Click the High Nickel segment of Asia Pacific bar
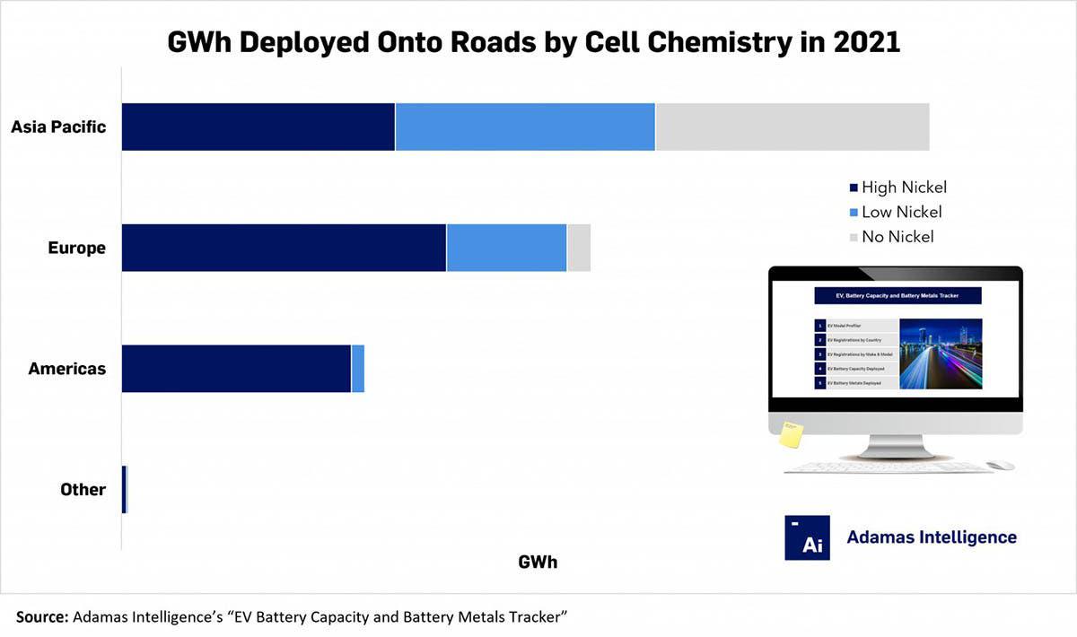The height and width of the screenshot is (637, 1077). [x=258, y=127]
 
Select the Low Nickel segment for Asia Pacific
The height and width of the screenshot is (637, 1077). [x=525, y=127]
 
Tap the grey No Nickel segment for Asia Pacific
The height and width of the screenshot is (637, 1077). [x=792, y=127]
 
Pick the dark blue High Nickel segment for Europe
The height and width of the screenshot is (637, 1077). [x=284, y=248]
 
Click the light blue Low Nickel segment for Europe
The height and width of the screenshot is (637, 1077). [x=506, y=248]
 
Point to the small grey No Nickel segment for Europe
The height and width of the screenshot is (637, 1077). [x=579, y=248]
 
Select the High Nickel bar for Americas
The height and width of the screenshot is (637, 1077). [x=236, y=369]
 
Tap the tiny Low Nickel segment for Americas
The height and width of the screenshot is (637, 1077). [x=358, y=369]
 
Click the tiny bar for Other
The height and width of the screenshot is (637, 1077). [x=125, y=490]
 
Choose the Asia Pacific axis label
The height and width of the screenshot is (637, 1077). [x=58, y=127]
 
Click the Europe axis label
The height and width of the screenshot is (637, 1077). [x=76, y=249]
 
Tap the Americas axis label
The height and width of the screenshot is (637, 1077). [x=66, y=369]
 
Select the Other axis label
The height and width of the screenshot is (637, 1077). [x=83, y=490]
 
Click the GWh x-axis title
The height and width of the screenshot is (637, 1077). [x=538, y=563]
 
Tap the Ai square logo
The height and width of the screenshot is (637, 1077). [x=807, y=537]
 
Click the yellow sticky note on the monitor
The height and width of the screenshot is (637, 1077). [x=791, y=434]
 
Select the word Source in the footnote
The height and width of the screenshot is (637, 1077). [x=41, y=616]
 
